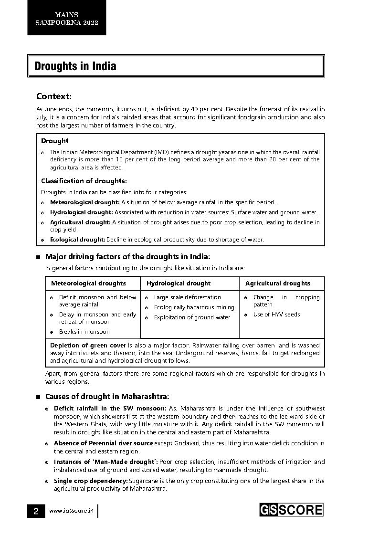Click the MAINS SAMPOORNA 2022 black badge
[x=66, y=18]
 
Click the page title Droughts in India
[x=75, y=66]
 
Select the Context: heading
[x=54, y=96]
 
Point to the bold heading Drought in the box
[x=54, y=141]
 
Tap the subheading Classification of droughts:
[x=84, y=181]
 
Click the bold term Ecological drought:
[x=77, y=240]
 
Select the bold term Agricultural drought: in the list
[x=80, y=222]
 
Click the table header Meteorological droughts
[x=88, y=283]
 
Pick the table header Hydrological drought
[x=178, y=283]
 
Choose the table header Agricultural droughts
[x=277, y=283]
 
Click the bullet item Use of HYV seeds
[x=276, y=315]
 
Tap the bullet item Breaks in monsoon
[x=84, y=332]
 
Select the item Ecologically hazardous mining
[x=194, y=307]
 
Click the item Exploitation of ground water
[x=192, y=317]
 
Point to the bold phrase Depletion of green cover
[x=88, y=345]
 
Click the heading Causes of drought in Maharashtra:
[x=107, y=397]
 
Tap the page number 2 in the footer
[x=36, y=511]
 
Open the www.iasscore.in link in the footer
[x=71, y=511]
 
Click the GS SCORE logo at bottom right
[x=291, y=510]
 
